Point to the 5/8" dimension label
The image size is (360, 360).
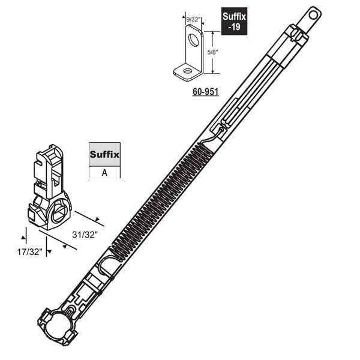[x=211, y=52]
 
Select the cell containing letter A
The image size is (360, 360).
[x=104, y=172]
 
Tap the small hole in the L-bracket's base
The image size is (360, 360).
[x=187, y=72]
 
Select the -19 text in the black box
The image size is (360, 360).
[x=235, y=28]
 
